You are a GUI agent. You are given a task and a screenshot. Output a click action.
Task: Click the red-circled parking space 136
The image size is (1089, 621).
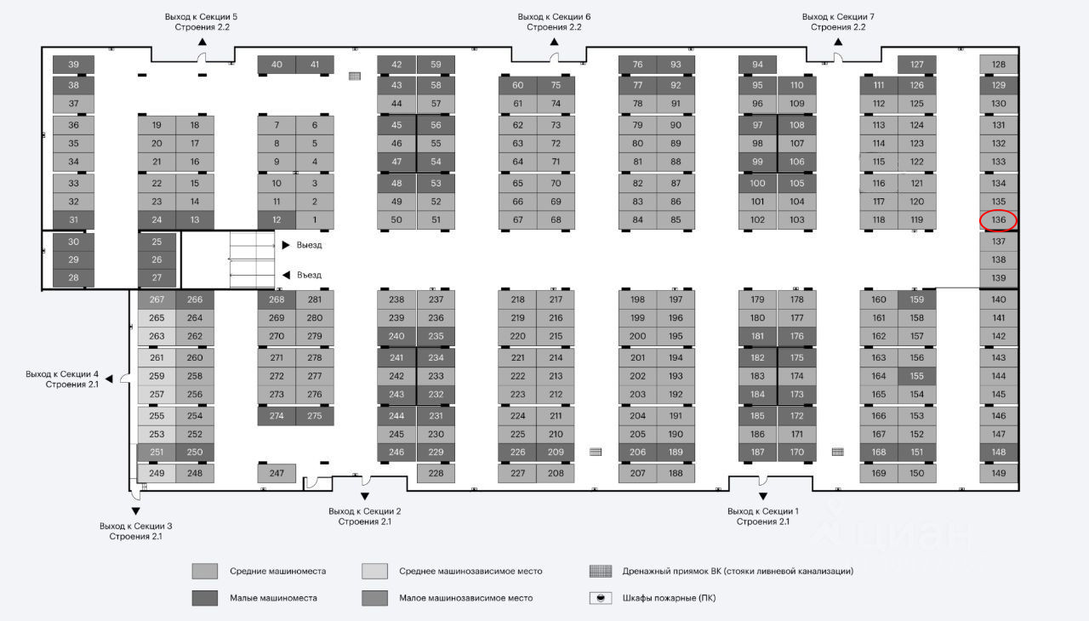998,220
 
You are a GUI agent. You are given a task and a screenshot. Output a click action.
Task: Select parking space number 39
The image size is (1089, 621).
73,65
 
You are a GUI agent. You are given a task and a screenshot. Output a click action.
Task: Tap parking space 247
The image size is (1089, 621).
277,473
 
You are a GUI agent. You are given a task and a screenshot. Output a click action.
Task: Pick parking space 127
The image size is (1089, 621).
916,65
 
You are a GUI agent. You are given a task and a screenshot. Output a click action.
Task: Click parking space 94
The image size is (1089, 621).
757,65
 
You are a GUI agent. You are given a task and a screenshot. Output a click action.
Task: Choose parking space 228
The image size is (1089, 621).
436,474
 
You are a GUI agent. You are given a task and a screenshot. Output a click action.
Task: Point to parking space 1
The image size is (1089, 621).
315,220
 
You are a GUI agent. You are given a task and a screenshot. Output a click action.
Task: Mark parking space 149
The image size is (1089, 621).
998,474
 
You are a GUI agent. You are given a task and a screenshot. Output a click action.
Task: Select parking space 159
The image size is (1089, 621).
916,299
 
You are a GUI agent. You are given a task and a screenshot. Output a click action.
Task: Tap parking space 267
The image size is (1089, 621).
157,299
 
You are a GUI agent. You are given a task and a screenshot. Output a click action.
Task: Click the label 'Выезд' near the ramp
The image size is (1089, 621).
310,245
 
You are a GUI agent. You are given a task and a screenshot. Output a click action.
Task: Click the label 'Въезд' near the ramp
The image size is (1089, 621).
310,275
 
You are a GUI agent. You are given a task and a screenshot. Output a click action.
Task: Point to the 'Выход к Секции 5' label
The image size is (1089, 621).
201,17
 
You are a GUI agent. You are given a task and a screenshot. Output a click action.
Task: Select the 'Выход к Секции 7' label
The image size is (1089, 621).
838,17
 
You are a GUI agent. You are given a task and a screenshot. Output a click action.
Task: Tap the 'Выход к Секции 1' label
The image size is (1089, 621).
762,510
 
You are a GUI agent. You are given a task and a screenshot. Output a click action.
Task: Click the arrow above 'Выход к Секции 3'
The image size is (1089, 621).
135,510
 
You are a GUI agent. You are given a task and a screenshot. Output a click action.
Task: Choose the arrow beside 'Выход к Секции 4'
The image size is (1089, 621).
109,378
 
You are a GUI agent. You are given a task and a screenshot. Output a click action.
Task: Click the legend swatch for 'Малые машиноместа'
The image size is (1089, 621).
205,598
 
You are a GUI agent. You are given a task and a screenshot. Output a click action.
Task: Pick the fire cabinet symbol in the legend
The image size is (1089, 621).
602,598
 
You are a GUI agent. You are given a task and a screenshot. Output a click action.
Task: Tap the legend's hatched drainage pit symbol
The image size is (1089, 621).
602,571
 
